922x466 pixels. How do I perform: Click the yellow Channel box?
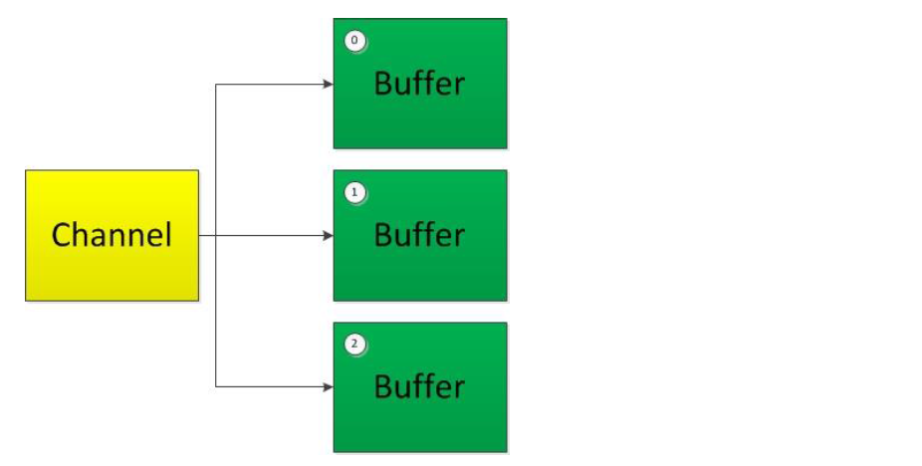[x=112, y=235]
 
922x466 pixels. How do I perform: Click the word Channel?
[x=112, y=235]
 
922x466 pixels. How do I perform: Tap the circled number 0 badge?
[x=354, y=41]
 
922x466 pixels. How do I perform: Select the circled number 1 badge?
[x=354, y=192]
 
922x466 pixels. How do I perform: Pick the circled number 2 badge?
[x=354, y=345]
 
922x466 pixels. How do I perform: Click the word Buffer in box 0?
[x=419, y=83]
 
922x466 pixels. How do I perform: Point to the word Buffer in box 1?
[x=419, y=235]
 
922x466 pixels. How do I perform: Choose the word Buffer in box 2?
[x=419, y=386]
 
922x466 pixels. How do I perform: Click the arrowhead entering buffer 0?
[x=329, y=84]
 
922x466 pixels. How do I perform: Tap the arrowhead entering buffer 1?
[x=329, y=236]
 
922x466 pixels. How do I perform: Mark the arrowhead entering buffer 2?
[x=329, y=387]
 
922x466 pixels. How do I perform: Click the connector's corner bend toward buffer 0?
[x=216, y=84]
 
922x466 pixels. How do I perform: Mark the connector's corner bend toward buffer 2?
[x=216, y=387]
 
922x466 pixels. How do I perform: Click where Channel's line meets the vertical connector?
[x=216, y=236]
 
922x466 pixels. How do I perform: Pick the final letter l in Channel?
[x=169, y=234]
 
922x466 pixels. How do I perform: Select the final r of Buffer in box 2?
[x=459, y=390]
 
